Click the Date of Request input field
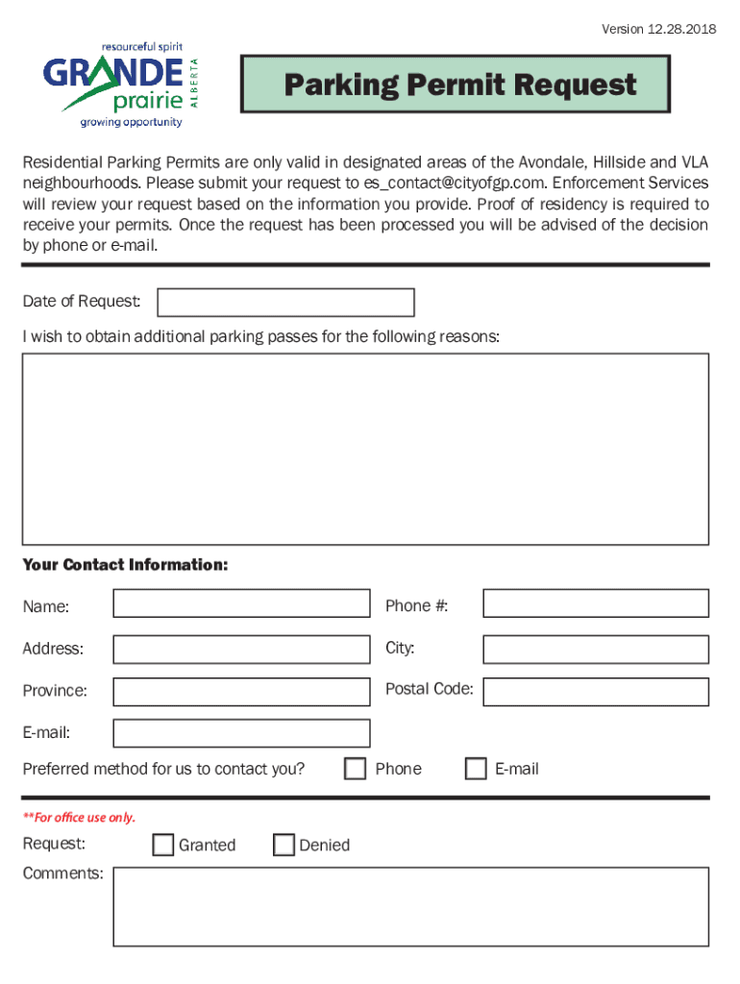(x=285, y=303)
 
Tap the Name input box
(x=241, y=603)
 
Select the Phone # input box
(x=595, y=603)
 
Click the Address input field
(x=241, y=650)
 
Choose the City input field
(x=595, y=650)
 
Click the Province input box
(x=241, y=692)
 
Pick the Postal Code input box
(x=595, y=692)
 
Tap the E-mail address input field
(x=241, y=733)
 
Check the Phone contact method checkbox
(x=356, y=769)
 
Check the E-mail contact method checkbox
(x=476, y=769)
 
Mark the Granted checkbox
(x=163, y=845)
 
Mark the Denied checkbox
(x=284, y=845)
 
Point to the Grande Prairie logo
(x=123, y=85)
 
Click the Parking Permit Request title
(x=459, y=86)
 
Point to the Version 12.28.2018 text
(x=658, y=29)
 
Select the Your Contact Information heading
(x=125, y=565)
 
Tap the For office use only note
(x=79, y=818)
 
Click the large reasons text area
(x=365, y=449)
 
